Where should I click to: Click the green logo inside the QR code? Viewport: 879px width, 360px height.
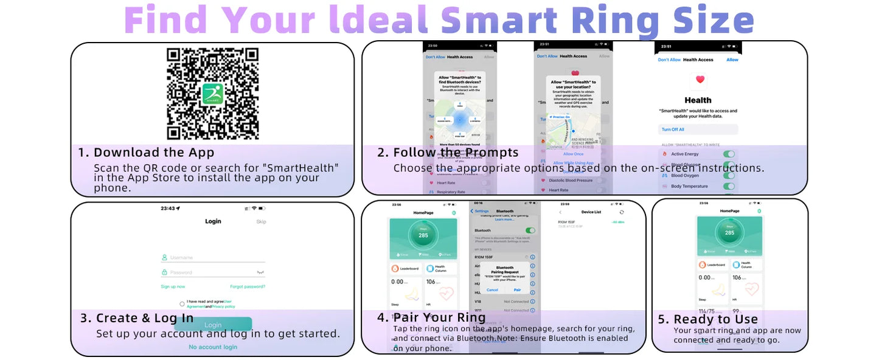coord(213,93)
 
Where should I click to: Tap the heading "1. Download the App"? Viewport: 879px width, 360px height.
coord(146,153)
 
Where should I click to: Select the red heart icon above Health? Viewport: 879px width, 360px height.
coord(700,80)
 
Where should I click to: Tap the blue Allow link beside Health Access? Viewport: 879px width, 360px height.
coord(732,60)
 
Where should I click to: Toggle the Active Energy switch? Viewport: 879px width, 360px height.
coord(728,154)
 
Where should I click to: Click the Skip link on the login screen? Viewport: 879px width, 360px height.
coord(261,222)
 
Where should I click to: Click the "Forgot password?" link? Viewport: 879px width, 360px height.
coord(248,286)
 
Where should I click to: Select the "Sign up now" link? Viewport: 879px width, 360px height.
coord(173,286)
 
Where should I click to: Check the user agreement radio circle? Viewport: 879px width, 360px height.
coord(182,303)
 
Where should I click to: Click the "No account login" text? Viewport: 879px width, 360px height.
coord(213,347)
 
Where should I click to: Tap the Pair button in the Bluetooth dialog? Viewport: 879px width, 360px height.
coord(517,290)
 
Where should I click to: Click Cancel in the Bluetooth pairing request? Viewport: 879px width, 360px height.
coord(492,290)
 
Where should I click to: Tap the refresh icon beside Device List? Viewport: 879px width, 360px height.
coord(621,212)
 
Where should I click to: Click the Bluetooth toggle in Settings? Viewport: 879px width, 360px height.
coord(530,230)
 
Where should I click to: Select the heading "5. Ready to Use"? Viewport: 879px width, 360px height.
coord(708,319)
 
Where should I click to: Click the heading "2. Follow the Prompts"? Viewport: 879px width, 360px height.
coord(448,153)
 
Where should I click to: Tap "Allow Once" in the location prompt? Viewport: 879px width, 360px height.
coord(573,154)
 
